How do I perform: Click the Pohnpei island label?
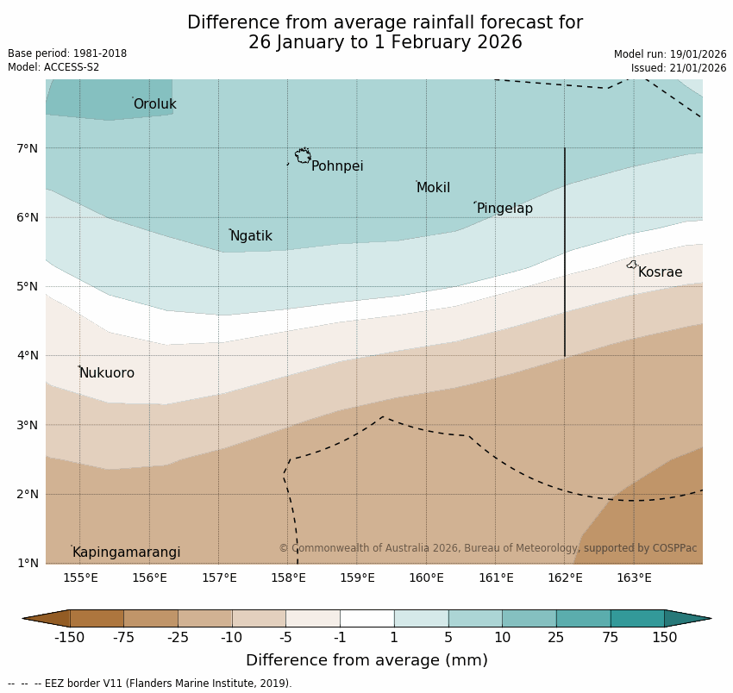[x=337, y=166]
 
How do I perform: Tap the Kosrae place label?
[x=660, y=272]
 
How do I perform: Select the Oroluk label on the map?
[x=154, y=104]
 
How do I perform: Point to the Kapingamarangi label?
[x=126, y=553]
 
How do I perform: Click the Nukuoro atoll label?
[x=107, y=373]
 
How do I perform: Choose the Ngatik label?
[x=251, y=236]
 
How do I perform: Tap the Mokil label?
[x=433, y=188]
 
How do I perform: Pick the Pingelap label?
[x=504, y=209]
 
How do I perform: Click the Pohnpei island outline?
[x=303, y=156]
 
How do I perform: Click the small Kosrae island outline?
[x=632, y=265]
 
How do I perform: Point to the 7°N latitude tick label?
[x=28, y=148]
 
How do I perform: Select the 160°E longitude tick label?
[x=426, y=577]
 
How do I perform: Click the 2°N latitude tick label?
[x=28, y=494]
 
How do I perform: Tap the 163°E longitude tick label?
[x=634, y=577]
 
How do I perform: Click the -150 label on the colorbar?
[x=69, y=638]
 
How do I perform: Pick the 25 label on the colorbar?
[x=556, y=638]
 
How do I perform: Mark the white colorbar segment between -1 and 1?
[x=366, y=618]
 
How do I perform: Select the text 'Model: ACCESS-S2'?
[x=53, y=67]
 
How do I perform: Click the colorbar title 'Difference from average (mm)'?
[x=366, y=661]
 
